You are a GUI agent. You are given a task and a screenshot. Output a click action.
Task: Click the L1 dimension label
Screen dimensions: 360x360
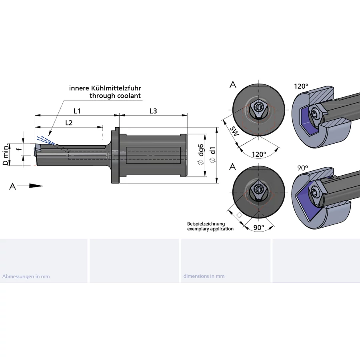(x=77, y=111)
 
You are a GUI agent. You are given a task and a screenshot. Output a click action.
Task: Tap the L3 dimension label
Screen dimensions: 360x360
(x=153, y=111)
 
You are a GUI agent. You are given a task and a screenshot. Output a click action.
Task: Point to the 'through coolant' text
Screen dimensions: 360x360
(x=115, y=96)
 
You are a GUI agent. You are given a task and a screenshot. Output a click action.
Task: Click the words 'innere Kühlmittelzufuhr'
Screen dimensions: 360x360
(x=105, y=88)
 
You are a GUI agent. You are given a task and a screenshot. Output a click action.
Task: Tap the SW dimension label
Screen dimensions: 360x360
(x=235, y=131)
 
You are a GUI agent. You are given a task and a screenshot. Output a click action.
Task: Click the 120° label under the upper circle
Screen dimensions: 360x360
(x=258, y=154)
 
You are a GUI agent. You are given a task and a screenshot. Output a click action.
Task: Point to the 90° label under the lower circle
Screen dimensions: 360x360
(x=259, y=227)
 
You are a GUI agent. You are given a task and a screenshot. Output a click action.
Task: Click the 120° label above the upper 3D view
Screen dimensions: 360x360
(x=301, y=86)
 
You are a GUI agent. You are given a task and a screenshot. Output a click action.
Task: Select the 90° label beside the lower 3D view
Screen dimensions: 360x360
(x=303, y=168)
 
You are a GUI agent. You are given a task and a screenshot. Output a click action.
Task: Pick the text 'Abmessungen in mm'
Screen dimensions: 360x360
(x=26, y=276)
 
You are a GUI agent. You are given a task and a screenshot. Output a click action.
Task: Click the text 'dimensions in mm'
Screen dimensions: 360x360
(x=204, y=276)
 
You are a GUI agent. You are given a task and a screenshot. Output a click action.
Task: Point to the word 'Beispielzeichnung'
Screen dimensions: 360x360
(x=206, y=224)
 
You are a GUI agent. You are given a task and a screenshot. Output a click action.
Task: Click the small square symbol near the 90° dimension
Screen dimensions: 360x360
(x=240, y=215)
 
